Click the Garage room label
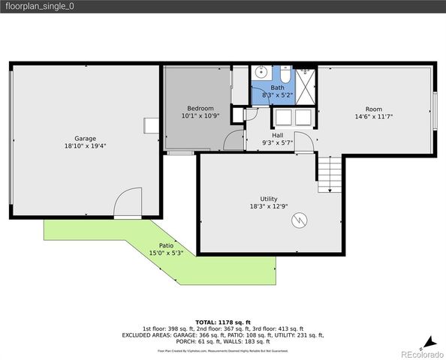pos(85,139)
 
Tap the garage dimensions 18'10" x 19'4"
pos(85,147)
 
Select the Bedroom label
pos(200,108)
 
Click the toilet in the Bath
pos(286,76)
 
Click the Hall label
pos(277,135)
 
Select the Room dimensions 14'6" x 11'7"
pos(374,116)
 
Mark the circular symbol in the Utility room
pos(300,219)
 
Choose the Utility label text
pos(269,198)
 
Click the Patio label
pos(166,245)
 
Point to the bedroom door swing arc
pos(236,139)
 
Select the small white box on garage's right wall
pos(151,125)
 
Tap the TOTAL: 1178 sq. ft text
pos(223,322)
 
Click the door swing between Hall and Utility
pos(303,140)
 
